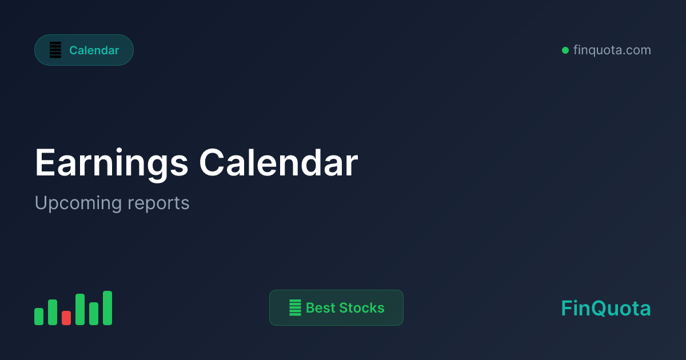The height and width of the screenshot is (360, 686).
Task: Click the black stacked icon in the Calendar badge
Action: point(55,50)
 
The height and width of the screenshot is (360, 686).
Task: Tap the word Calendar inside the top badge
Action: point(94,50)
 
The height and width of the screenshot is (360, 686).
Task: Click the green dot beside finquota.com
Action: point(565,50)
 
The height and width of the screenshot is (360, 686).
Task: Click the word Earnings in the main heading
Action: point(112,164)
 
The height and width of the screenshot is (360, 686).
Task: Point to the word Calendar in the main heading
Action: point(278,163)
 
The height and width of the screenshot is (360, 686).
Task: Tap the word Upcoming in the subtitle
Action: point(78,203)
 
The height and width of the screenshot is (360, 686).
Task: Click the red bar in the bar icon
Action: point(66,318)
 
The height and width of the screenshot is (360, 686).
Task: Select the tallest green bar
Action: point(107,308)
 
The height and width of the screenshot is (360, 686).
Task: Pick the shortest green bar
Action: point(39,317)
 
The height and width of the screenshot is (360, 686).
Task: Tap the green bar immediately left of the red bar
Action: point(53,312)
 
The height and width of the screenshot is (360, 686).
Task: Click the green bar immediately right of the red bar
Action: point(80,309)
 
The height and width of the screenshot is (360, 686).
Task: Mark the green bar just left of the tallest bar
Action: point(94,314)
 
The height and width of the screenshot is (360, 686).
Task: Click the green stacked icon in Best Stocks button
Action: point(295,308)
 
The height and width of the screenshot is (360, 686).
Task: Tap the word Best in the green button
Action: point(320,308)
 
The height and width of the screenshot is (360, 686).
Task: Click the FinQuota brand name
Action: point(606,309)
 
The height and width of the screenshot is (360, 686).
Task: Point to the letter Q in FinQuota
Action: point(597,309)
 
